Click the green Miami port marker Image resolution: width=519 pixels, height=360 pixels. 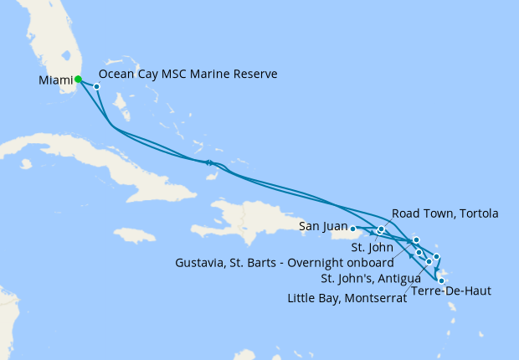click(78, 80)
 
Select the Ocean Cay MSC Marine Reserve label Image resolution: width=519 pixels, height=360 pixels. click(193, 75)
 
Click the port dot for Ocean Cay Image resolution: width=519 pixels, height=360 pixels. click(97, 86)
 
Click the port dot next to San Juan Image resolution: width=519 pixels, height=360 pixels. click(353, 228)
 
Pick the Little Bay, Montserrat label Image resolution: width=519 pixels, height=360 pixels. click(347, 297)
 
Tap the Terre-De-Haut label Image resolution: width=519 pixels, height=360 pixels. click(450, 291)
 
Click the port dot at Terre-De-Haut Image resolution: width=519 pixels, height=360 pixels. click(441, 281)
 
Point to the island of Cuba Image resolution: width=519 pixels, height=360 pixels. click(109, 163)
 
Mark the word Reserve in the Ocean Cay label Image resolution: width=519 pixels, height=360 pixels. click(257, 75)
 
